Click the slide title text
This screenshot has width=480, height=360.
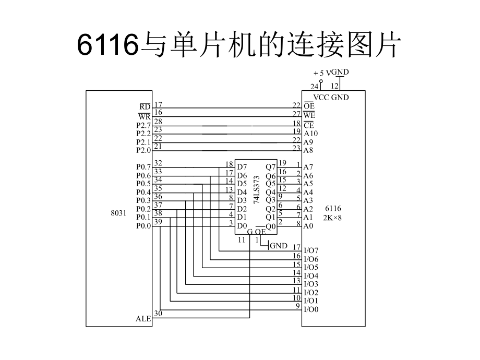pos(239,46)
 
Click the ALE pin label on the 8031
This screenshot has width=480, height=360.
pos(143,318)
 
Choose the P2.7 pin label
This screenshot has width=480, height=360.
pos(143,125)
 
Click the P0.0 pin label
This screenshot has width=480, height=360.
pos(143,226)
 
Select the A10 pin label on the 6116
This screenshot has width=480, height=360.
pos(311,134)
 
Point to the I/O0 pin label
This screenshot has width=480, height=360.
pos(311,309)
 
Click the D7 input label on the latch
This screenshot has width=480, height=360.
pos(242,167)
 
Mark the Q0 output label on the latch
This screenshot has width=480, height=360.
pos(270,226)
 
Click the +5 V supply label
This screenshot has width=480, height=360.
pos(321,74)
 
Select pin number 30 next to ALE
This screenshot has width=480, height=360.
pos(159,314)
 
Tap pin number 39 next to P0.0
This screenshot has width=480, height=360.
pos(158,222)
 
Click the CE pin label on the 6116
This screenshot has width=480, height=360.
pos(309,125)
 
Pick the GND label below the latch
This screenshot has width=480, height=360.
pos(278,246)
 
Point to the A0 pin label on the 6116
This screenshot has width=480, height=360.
pos(309,226)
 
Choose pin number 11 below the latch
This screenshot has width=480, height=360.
pos(242,240)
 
